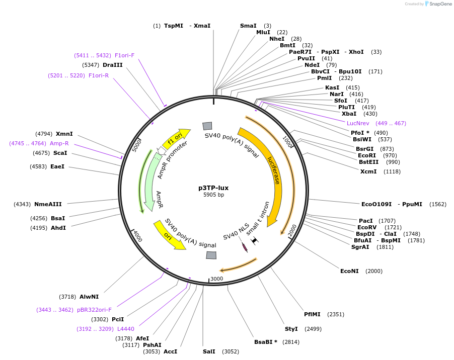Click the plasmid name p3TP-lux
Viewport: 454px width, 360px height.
click(213, 188)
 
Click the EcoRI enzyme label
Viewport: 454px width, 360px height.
click(366, 155)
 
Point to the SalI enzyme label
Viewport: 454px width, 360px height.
click(209, 351)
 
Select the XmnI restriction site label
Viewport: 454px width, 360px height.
click(64, 134)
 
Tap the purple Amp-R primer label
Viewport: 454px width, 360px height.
click(59, 143)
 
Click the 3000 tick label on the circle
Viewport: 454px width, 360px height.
click(216, 279)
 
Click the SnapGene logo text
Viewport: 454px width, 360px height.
click(438, 4)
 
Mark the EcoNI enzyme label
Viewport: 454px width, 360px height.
click(349, 271)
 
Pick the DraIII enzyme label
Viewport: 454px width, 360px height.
click(113, 65)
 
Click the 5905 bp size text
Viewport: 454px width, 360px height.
click(213, 195)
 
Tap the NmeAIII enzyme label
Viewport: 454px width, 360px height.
click(48, 204)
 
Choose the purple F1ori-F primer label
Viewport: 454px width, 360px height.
click(124, 55)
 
